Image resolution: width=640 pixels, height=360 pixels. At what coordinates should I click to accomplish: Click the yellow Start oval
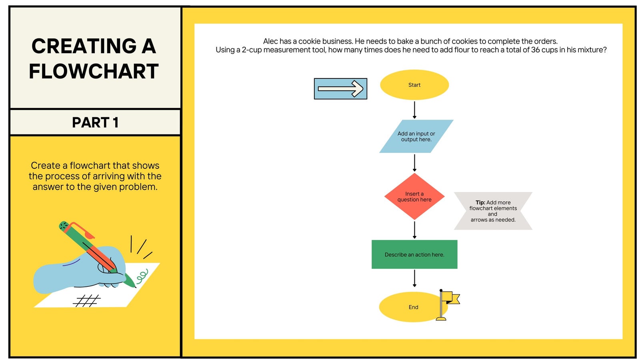pos(414,85)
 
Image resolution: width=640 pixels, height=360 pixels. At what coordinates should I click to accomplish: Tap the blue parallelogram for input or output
pos(416,136)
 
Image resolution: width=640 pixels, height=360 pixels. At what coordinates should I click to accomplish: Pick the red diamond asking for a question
pos(414,196)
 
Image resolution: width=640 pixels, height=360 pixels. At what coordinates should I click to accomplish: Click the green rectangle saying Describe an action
pos(414,254)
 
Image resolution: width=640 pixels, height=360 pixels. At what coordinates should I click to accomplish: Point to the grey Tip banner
pos(493,211)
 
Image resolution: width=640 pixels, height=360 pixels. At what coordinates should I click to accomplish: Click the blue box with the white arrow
pos(340,89)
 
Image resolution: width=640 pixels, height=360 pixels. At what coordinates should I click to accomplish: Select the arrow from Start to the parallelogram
pos(414,110)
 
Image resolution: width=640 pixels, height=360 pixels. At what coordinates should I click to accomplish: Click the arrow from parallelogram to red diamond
pos(414,163)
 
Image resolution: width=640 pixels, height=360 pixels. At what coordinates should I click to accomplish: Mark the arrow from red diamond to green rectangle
pos(414,230)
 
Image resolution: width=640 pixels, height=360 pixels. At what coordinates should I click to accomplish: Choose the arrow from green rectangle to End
pos(414,278)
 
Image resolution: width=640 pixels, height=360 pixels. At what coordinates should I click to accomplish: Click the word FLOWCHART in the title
pos(94,71)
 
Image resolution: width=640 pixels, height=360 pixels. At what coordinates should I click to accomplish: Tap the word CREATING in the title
pos(84,46)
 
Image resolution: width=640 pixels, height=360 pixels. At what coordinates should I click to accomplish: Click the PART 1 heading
pos(95,122)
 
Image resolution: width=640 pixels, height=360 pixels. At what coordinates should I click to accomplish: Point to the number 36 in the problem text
pos(536,50)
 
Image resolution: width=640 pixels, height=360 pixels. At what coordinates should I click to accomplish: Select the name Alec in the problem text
pos(270,41)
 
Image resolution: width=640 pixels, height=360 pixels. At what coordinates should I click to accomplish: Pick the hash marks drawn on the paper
pos(87,300)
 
